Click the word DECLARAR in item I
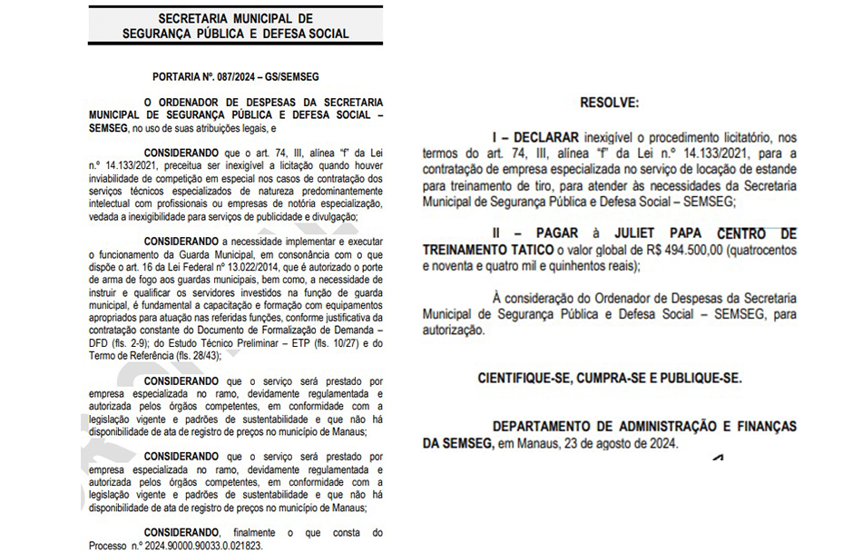[538, 136]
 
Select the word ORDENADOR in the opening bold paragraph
[195, 103]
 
